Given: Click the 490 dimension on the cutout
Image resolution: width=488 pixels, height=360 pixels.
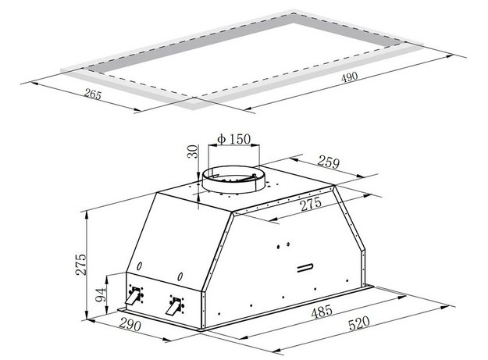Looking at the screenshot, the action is (350, 77).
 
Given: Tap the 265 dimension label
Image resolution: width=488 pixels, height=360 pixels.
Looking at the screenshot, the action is (93, 94).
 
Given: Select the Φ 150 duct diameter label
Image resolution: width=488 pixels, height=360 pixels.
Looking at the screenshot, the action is (234, 139).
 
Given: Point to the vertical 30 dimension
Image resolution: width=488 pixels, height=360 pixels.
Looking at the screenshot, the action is (194, 151).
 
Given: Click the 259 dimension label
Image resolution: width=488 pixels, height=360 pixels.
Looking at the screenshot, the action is (329, 162).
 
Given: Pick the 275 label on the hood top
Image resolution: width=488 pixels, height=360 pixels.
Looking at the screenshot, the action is (311, 204).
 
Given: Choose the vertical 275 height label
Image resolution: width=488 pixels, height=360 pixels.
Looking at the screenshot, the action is (81, 265).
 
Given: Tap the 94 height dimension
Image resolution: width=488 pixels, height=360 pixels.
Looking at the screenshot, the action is (100, 295).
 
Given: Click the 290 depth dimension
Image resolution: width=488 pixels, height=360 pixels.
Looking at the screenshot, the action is (130, 325).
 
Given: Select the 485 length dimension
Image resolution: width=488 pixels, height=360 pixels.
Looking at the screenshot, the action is (322, 312).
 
